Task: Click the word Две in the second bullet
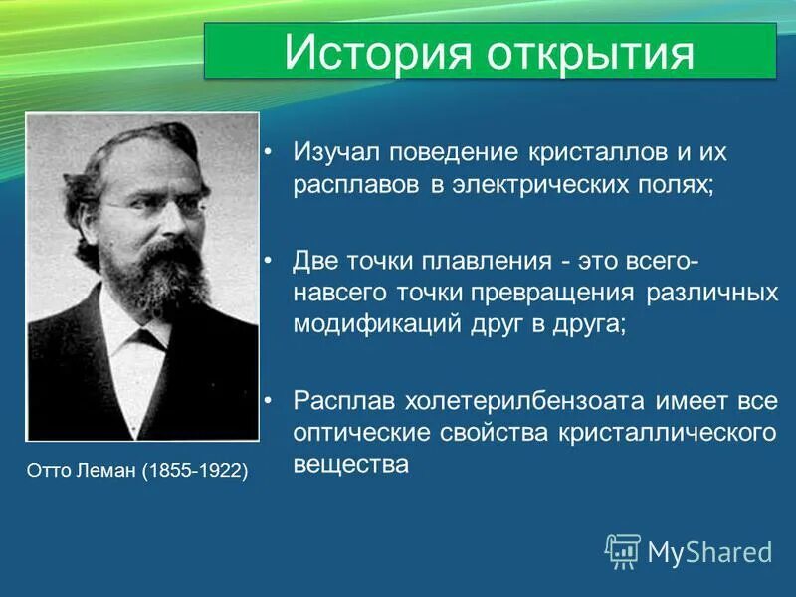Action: pyautogui.click(x=315, y=261)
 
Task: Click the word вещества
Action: pyautogui.click(x=350, y=465)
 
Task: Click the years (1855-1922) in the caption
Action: pyautogui.click(x=195, y=469)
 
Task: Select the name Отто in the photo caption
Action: pyautogui.click(x=50, y=469)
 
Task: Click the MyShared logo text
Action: pyautogui.click(x=709, y=551)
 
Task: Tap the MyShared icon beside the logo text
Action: pyautogui.click(x=623, y=550)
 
